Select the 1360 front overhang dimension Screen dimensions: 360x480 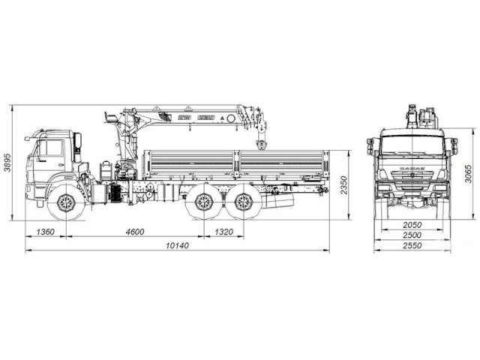tap(45, 232)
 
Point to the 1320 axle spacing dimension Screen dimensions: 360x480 tap(224, 232)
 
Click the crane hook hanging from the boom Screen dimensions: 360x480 tap(261, 144)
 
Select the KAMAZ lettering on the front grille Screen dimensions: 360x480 tap(410, 169)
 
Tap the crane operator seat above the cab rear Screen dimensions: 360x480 tap(110, 118)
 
